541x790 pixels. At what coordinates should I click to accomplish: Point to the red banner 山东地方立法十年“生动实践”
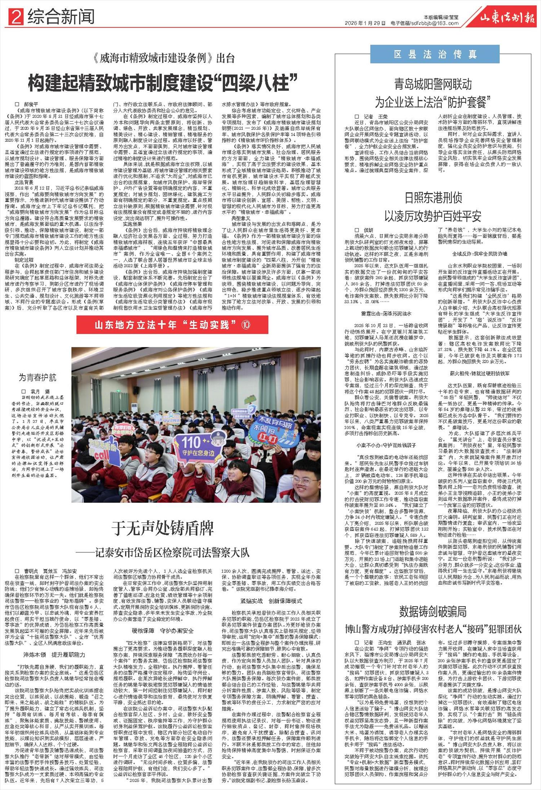[x=172, y=325]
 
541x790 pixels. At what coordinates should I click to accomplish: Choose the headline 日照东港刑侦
[x=433, y=198]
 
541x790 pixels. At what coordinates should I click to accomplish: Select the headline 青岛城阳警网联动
[x=433, y=84]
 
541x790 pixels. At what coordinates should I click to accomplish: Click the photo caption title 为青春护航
[x=38, y=378]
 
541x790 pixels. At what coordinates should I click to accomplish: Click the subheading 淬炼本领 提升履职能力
[x=54, y=655]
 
